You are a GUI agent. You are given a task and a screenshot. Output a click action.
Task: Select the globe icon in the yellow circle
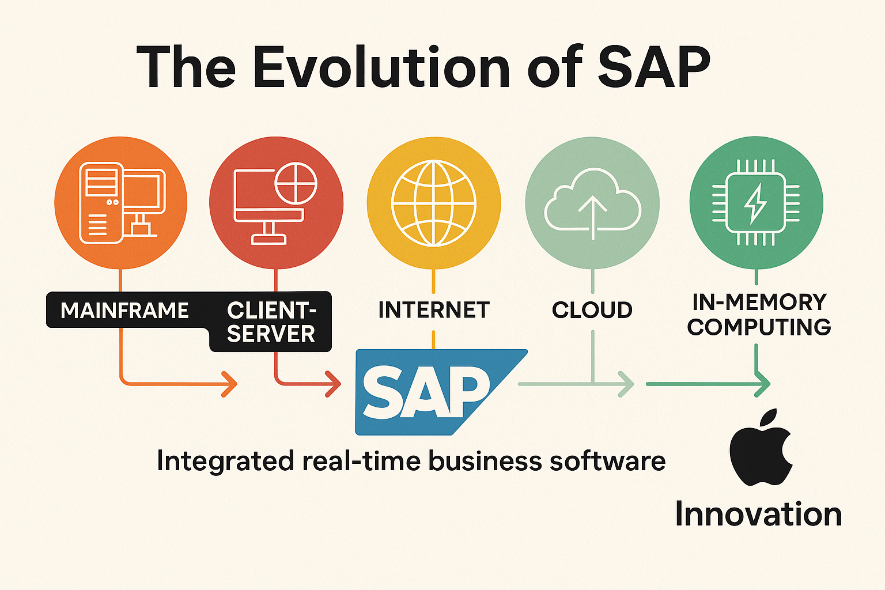434,203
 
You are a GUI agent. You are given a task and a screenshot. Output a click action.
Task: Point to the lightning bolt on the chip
755,203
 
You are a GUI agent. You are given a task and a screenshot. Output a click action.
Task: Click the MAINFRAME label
124,310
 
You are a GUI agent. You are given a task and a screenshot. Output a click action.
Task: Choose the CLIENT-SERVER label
271,322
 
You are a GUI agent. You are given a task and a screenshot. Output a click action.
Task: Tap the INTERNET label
434,310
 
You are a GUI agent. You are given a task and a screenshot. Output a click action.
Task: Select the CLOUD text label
592,310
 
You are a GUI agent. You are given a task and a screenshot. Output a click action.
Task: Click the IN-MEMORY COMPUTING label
759,315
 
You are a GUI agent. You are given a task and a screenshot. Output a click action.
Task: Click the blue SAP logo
441,392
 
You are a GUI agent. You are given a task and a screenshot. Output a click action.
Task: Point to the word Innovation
759,514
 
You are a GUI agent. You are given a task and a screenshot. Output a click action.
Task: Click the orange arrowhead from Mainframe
229,384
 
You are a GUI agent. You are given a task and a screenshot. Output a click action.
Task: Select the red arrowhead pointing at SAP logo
332,384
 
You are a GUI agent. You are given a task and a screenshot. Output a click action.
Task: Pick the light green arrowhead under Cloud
626,384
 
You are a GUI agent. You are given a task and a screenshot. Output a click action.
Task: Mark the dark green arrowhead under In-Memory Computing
762,384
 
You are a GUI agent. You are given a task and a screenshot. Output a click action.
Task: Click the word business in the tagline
485,461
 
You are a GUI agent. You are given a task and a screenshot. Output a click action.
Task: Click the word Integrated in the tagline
226,462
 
